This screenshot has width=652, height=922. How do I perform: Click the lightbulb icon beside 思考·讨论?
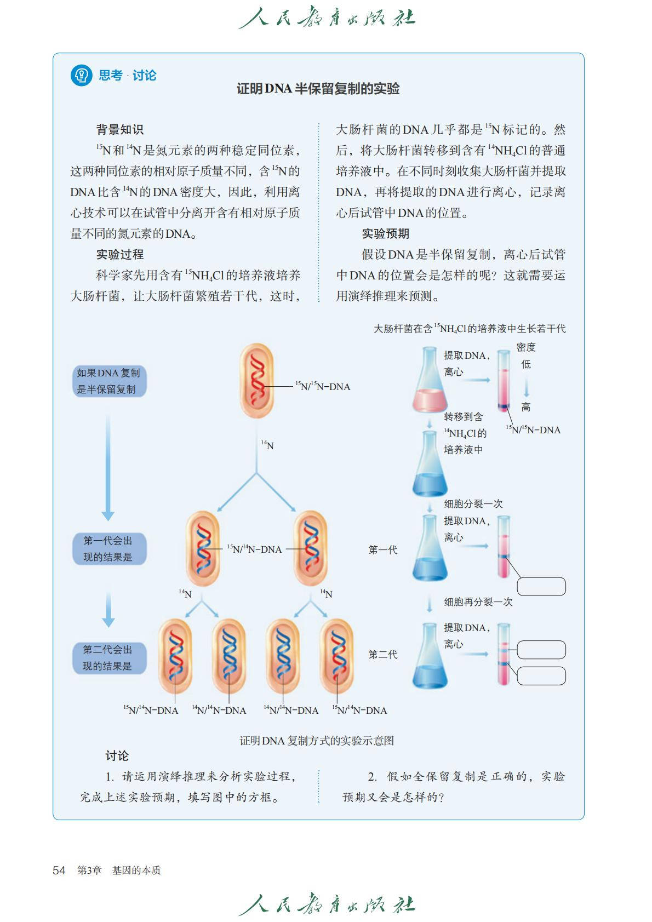pyautogui.click(x=81, y=75)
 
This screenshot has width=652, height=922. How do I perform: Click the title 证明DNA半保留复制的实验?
pyautogui.click(x=318, y=89)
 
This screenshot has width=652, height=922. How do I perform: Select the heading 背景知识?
pyautogui.click(x=119, y=130)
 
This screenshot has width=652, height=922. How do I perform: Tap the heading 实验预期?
pyautogui.click(x=385, y=234)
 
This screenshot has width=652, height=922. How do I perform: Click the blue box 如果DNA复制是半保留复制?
pyautogui.click(x=108, y=381)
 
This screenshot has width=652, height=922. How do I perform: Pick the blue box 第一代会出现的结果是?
pyautogui.click(x=108, y=549)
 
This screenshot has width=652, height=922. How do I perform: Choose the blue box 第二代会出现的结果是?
pyautogui.click(x=108, y=658)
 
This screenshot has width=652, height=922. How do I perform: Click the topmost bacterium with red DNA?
pyautogui.click(x=256, y=381)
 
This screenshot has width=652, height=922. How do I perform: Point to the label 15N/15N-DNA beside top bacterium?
pyautogui.click(x=323, y=387)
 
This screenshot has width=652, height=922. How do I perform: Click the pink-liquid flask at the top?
pyautogui.click(x=430, y=383)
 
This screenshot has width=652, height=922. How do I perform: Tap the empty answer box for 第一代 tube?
pyautogui.click(x=541, y=586)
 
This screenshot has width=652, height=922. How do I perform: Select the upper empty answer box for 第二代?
pyautogui.click(x=541, y=650)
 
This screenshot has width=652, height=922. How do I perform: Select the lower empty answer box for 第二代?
pyautogui.click(x=541, y=675)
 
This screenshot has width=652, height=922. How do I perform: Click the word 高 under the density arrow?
pyautogui.click(x=526, y=407)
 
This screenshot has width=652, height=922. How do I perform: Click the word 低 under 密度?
pyautogui.click(x=526, y=364)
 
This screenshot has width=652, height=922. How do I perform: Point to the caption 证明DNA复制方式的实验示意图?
pyautogui.click(x=317, y=741)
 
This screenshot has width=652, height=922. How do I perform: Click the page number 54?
pyautogui.click(x=59, y=871)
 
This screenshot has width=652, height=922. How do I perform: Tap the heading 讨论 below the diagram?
pyautogui.click(x=117, y=756)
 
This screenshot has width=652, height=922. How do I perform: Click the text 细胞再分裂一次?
pyautogui.click(x=478, y=602)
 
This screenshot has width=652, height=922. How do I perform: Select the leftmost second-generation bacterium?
pyautogui.click(x=175, y=656)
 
